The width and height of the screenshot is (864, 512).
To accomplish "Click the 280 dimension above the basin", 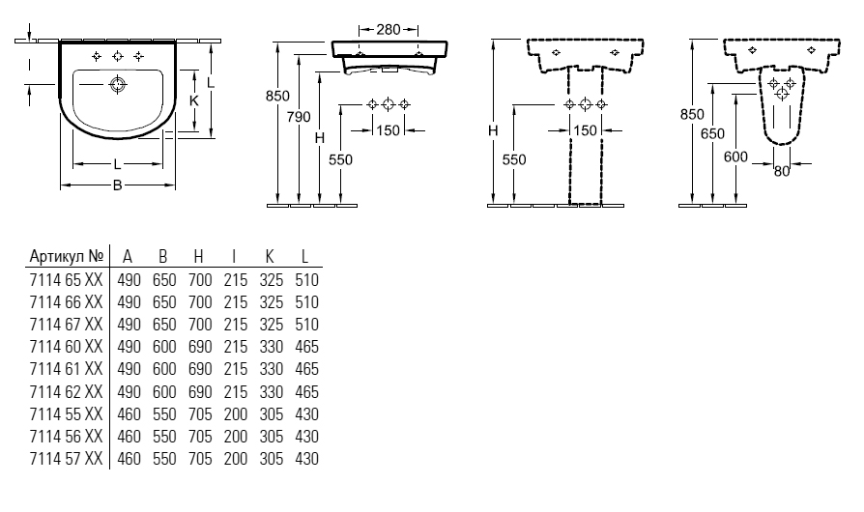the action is click(x=389, y=29).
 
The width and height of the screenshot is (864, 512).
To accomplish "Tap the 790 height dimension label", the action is click(x=299, y=117).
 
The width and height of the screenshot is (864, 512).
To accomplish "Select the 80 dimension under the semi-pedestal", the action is click(x=782, y=171).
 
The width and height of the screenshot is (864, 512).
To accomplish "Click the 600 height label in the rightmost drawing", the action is click(x=735, y=156).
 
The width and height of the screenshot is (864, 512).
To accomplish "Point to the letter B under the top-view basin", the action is click(x=117, y=185).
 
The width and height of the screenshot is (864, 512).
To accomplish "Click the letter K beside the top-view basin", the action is click(x=194, y=100).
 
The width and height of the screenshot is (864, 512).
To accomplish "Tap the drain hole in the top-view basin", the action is click(x=117, y=84).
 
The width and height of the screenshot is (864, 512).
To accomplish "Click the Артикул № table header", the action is click(x=67, y=256).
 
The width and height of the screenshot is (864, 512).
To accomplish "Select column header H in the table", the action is click(x=199, y=257).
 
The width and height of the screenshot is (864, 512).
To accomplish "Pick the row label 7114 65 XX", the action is click(x=66, y=280).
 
